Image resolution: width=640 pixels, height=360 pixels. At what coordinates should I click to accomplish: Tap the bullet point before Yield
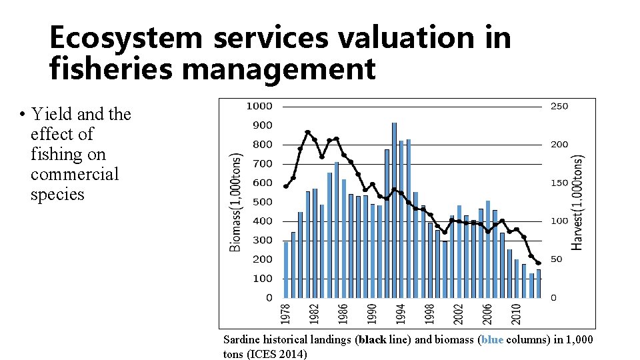pos(23,115)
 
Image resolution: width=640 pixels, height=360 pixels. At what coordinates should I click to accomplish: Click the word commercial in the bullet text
pos(75,175)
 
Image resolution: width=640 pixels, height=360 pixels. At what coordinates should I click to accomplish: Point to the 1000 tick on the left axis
pos(259,106)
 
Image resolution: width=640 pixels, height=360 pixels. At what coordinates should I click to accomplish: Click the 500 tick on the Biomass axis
pos(263,202)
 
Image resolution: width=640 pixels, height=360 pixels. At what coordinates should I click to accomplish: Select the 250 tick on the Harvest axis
pos(559,106)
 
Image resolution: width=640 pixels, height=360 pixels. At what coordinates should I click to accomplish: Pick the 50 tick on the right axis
pos(557,259)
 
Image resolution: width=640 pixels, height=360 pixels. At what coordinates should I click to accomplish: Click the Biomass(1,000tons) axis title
pos(236,201)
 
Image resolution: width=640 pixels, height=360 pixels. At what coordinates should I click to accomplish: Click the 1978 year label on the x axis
pos(286,315)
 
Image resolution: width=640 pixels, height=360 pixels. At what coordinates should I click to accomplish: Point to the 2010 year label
pos(516,315)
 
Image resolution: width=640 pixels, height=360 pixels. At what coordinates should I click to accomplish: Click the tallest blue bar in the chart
pos(394,210)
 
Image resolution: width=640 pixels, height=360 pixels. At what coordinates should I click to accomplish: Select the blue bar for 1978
pos(286,269)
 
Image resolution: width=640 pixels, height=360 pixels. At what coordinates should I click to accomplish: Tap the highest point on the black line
pos(307,132)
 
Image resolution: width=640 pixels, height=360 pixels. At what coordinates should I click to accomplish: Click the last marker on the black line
pos(539,263)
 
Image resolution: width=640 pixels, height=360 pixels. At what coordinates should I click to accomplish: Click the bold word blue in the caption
pos(492,340)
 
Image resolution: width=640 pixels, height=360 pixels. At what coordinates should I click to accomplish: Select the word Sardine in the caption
pos(240,340)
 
